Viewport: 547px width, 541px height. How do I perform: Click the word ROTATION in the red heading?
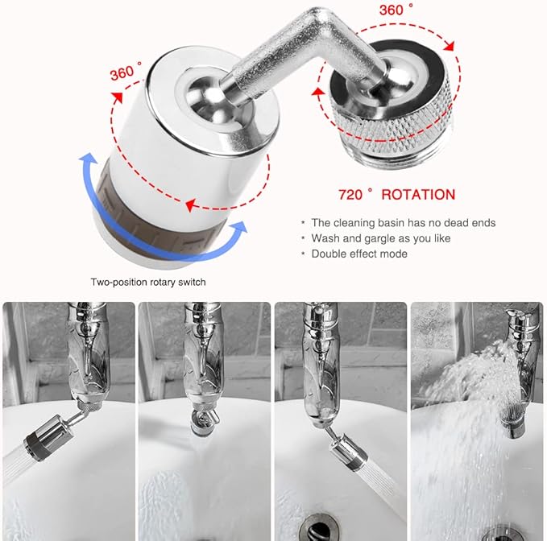[x=418, y=195]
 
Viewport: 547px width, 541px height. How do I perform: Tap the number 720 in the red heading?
[x=350, y=195]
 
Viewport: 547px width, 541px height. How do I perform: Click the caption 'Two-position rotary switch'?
[x=148, y=282]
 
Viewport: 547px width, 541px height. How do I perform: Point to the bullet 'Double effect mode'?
[x=359, y=254]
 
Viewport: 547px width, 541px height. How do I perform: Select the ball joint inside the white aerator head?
[x=205, y=101]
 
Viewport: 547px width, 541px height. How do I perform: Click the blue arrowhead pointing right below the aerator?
[x=238, y=229]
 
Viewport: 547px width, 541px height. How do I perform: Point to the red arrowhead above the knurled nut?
[x=449, y=46]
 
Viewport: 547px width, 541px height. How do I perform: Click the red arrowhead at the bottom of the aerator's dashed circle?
[x=190, y=205]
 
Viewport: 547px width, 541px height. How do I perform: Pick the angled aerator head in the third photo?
[x=346, y=452]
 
